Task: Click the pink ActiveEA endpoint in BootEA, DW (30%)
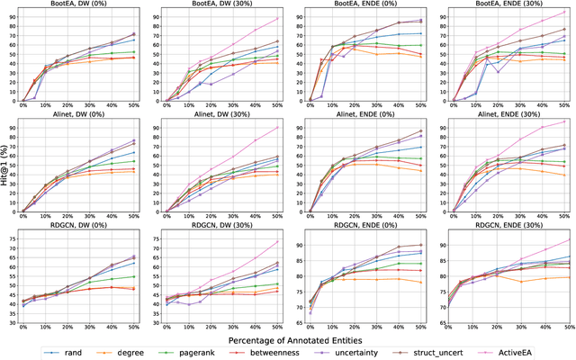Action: click(x=278, y=18)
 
